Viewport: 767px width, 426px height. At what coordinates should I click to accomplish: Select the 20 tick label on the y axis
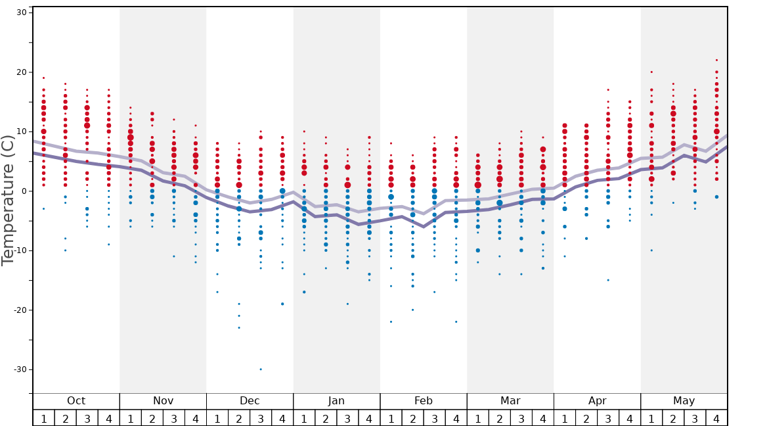click(x=20, y=72)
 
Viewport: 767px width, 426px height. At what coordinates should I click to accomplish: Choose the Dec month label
click(x=250, y=401)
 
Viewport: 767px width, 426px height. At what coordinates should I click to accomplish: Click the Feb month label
click(x=424, y=401)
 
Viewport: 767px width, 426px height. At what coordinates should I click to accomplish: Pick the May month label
click(x=684, y=401)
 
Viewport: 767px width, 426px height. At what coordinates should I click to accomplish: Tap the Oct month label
click(x=76, y=401)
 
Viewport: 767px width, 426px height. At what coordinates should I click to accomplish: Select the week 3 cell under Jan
click(x=347, y=418)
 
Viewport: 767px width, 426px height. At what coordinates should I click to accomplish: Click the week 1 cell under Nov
click(x=131, y=418)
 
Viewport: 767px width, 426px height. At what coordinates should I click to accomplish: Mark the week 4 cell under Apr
click(x=630, y=418)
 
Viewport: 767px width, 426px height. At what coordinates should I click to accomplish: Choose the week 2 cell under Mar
click(x=500, y=418)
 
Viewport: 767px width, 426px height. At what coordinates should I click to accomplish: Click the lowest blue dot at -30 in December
click(x=261, y=369)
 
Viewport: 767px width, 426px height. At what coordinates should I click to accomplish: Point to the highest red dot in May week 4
click(x=716, y=60)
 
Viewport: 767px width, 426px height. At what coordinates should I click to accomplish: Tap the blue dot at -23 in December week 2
click(x=239, y=327)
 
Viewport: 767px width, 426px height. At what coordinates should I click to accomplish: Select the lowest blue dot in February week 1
click(x=391, y=321)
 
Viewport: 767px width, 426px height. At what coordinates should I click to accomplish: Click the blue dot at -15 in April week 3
click(x=608, y=280)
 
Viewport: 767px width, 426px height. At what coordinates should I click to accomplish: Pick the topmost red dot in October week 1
click(x=43, y=78)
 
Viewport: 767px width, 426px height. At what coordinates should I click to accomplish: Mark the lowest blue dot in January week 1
click(x=304, y=292)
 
